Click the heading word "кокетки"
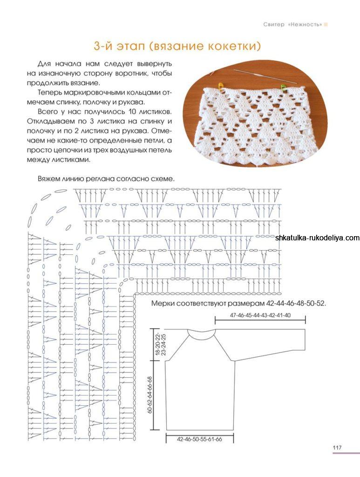(232, 46)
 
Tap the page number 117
(337, 448)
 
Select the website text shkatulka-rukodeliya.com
(317, 238)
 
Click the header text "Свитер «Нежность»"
(292, 24)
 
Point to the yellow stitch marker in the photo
(221, 86)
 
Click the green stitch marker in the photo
(283, 87)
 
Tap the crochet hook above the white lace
(261, 75)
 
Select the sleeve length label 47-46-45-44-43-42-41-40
(260, 315)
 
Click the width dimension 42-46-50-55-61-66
(199, 439)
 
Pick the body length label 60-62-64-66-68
(150, 395)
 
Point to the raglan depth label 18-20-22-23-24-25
(160, 345)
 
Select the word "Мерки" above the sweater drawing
(163, 303)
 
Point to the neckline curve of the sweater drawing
(201, 334)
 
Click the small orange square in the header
(326, 24)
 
